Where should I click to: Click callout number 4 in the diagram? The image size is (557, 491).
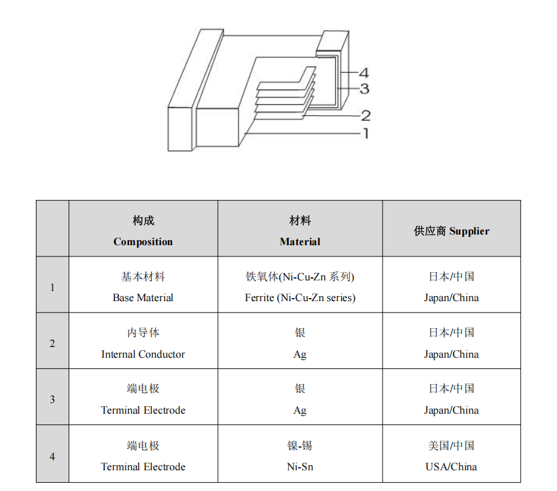[364, 73]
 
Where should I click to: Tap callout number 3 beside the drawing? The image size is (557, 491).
[364, 89]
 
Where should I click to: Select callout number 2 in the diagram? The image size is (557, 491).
[366, 116]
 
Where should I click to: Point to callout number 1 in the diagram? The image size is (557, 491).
[366, 134]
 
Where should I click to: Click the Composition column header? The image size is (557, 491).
[143, 231]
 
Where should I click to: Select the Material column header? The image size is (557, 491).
[300, 231]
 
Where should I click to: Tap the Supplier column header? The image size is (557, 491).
[451, 231]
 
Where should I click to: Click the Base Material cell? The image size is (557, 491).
[143, 287]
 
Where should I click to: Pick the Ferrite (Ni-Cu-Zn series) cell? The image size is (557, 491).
[300, 287]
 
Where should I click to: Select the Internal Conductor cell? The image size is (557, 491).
[143, 343]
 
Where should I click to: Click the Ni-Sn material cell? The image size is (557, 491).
[300, 456]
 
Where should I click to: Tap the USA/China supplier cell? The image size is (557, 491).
[451, 456]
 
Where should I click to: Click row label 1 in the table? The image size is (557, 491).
[52, 287]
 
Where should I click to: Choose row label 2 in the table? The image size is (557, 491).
[52, 343]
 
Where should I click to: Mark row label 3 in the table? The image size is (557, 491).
[52, 399]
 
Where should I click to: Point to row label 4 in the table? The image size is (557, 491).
[52, 456]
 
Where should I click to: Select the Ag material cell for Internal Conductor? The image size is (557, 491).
[300, 343]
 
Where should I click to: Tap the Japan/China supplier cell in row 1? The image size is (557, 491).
[451, 287]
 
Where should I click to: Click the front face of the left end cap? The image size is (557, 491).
[180, 129]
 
